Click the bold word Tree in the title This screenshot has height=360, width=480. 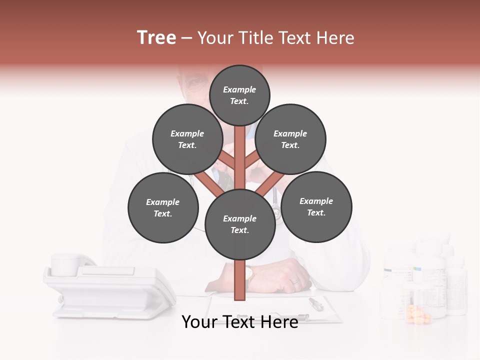(156, 38)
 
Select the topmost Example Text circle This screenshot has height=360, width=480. (239, 95)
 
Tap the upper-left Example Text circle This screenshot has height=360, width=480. (187, 139)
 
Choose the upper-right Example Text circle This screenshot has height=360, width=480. (290, 139)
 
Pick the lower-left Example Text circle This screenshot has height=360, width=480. (163, 207)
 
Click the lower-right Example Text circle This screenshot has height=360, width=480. (316, 206)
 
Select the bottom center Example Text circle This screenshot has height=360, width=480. (240, 224)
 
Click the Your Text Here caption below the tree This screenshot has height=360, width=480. (240, 322)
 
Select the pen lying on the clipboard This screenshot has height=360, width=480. (316, 303)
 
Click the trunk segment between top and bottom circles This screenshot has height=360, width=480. (240, 157)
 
